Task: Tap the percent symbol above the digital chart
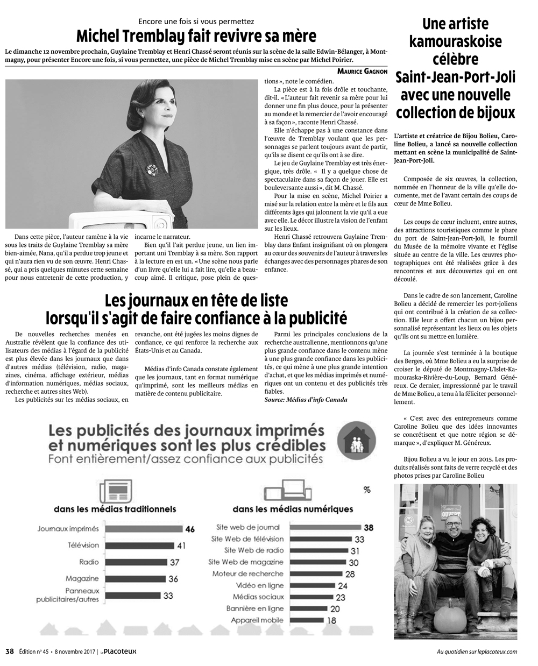point(367,490)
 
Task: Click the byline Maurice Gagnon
point(362,72)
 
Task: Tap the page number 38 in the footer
point(9,651)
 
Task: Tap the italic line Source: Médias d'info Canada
point(306,400)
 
